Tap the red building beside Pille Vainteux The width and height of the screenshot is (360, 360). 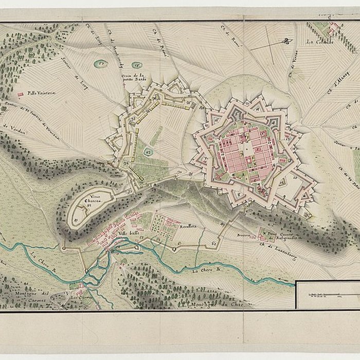21,95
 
